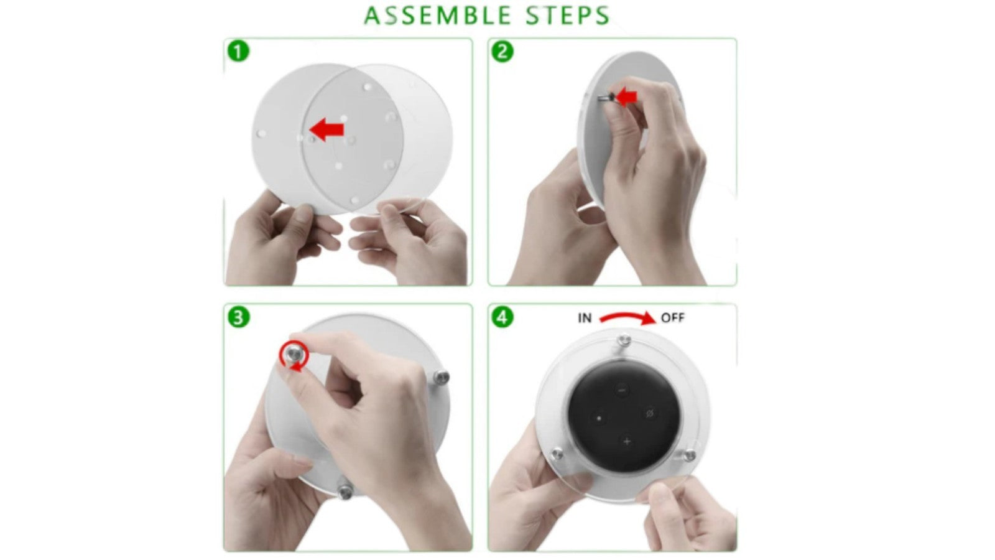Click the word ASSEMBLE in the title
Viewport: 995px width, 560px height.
pyautogui.click(x=438, y=16)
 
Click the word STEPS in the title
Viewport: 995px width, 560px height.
pyautogui.click(x=568, y=16)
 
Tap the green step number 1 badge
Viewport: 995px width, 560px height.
pyautogui.click(x=239, y=52)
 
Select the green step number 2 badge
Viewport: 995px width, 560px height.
pyautogui.click(x=502, y=52)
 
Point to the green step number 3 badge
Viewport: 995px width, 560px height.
pyautogui.click(x=239, y=317)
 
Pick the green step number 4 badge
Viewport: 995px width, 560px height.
pyautogui.click(x=502, y=317)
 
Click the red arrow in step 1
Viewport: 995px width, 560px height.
pyautogui.click(x=326, y=130)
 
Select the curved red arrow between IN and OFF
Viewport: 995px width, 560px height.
pyautogui.click(x=627, y=317)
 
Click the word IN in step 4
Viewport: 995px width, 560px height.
pyautogui.click(x=585, y=318)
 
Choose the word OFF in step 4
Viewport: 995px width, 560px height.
pyautogui.click(x=672, y=318)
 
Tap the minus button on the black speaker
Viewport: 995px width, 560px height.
pyautogui.click(x=622, y=390)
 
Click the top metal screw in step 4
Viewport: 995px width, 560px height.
pyautogui.click(x=624, y=341)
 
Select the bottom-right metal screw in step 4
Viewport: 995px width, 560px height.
pyautogui.click(x=690, y=455)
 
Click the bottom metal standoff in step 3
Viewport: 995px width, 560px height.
pyautogui.click(x=345, y=490)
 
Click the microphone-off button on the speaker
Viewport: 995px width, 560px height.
pyautogui.click(x=649, y=414)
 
